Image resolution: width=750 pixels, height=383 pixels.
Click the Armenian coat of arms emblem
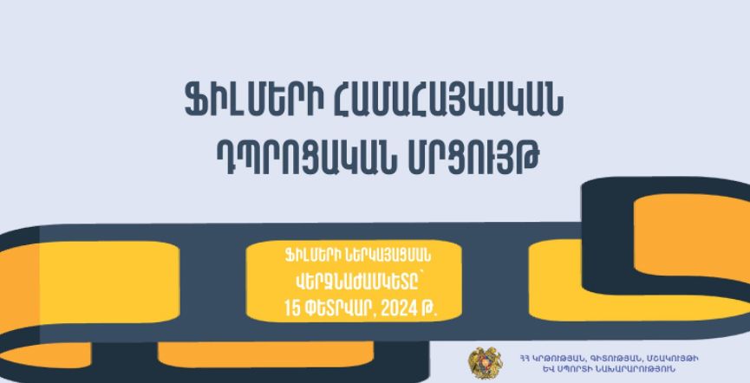tap(486, 363)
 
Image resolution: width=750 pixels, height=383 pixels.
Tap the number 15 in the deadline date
tap(292, 308)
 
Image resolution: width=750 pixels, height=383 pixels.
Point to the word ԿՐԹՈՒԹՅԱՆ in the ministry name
tap(558, 358)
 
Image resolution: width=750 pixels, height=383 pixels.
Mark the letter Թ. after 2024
tap(428, 310)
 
